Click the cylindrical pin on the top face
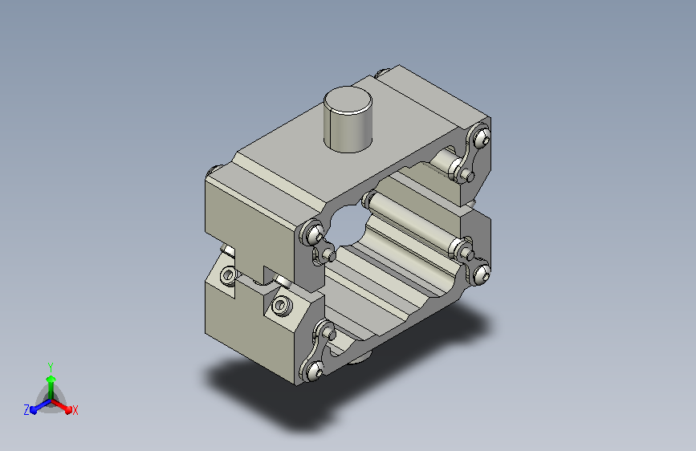(x=348, y=120)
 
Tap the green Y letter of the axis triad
(x=51, y=368)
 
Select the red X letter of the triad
(x=75, y=411)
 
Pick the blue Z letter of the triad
(x=26, y=410)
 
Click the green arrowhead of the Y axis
(x=51, y=380)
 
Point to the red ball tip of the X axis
(x=68, y=410)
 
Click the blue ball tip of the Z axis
(x=34, y=411)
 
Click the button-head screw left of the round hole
(x=314, y=234)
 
